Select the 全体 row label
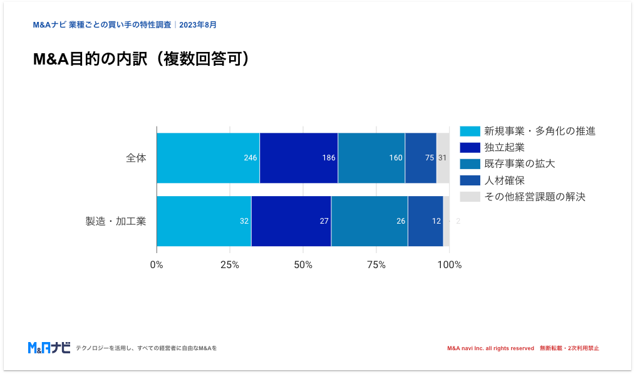coord(136,158)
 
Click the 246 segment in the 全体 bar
coord(208,158)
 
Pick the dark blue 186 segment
coord(299,158)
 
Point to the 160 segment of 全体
coord(371,158)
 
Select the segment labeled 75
coord(421,158)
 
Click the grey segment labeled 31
coord(443,158)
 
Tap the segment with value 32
coord(204,221)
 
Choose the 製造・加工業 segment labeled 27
coord(291,221)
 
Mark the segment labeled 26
coord(369,221)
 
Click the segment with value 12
coord(426,221)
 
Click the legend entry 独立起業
coord(504,148)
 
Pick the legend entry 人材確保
coord(504,180)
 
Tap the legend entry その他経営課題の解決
coord(534,197)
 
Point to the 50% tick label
coord(303,265)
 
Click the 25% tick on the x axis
coord(230,265)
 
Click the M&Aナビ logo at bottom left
coord(49,348)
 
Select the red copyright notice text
coord(523,348)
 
